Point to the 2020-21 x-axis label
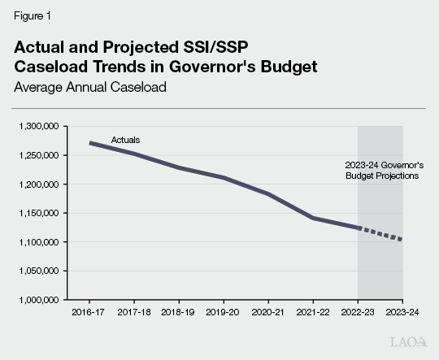coord(269,311)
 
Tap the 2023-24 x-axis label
coord(402,311)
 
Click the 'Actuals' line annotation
coord(125,140)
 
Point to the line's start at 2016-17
coord(90,143)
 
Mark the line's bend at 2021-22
coord(314,218)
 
